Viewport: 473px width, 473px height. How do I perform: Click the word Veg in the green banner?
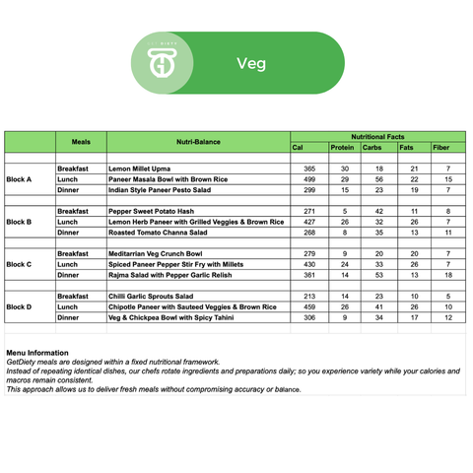click(251, 64)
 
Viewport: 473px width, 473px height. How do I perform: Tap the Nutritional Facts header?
click(378, 137)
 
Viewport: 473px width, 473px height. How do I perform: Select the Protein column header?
click(342, 148)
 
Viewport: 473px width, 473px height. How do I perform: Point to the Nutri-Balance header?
click(198, 142)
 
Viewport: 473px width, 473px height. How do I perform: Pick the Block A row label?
click(19, 179)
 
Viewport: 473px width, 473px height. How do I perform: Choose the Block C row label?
click(19, 264)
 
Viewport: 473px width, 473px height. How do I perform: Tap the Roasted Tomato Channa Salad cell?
click(165, 233)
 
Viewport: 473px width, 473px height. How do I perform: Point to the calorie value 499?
click(309, 179)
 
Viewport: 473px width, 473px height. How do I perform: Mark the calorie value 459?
click(309, 306)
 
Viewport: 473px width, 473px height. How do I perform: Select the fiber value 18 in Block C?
click(448, 275)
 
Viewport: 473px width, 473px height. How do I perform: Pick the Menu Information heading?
click(37, 352)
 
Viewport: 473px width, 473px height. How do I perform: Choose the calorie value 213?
click(309, 296)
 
